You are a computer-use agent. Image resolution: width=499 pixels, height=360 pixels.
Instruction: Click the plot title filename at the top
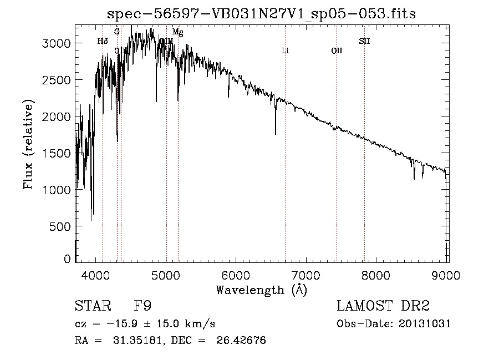pyautogui.click(x=261, y=13)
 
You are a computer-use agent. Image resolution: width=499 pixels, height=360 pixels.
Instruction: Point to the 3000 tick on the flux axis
pyautogui.click(x=55, y=43)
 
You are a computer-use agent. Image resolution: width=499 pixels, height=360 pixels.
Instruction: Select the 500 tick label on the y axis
pyautogui.click(x=59, y=226)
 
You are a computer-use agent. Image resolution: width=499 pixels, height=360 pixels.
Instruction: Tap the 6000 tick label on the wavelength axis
pyautogui.click(x=236, y=276)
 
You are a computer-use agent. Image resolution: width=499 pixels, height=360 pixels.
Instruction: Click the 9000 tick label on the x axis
pyautogui.click(x=447, y=276)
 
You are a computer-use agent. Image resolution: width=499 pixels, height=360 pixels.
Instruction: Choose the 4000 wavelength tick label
pyautogui.click(x=96, y=276)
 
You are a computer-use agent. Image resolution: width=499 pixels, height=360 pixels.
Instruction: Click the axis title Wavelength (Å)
pyautogui.click(x=261, y=290)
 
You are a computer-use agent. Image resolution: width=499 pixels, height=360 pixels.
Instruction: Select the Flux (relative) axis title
pyautogui.click(x=29, y=144)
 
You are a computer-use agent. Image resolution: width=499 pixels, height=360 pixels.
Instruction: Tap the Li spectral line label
pyautogui.click(x=285, y=50)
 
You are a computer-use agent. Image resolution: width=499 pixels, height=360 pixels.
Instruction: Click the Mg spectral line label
pyautogui.click(x=177, y=32)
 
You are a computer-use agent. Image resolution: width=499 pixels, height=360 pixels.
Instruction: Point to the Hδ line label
pyautogui.click(x=103, y=41)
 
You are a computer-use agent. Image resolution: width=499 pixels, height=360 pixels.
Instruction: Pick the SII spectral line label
pyautogui.click(x=364, y=41)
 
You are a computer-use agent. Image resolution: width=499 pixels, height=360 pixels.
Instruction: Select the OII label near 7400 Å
pyautogui.click(x=337, y=50)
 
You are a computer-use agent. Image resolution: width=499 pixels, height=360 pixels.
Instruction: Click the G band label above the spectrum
pyautogui.click(x=117, y=32)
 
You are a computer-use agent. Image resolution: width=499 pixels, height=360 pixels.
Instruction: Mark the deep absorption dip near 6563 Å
pyautogui.click(x=276, y=132)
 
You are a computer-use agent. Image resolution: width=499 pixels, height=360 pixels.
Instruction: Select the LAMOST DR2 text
pyautogui.click(x=383, y=306)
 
